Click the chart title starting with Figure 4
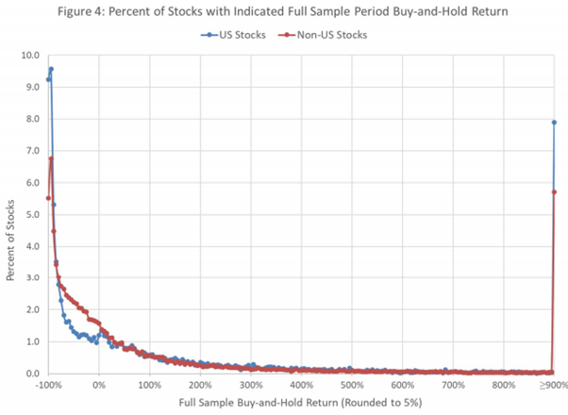click(x=283, y=11)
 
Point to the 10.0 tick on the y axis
click(x=31, y=55)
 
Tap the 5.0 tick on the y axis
click(x=31, y=214)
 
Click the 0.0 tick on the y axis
click(x=31, y=373)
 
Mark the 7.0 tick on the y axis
click(x=31, y=150)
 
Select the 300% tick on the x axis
click(x=250, y=385)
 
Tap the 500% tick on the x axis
click(x=351, y=385)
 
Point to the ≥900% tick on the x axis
click(x=552, y=385)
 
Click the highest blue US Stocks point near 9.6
click(x=51, y=69)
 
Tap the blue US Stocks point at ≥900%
click(x=554, y=122)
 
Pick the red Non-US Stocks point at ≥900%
click(x=554, y=191)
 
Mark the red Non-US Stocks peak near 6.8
click(x=51, y=158)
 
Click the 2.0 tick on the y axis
click(x=31, y=309)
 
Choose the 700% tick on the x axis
click(x=452, y=385)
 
